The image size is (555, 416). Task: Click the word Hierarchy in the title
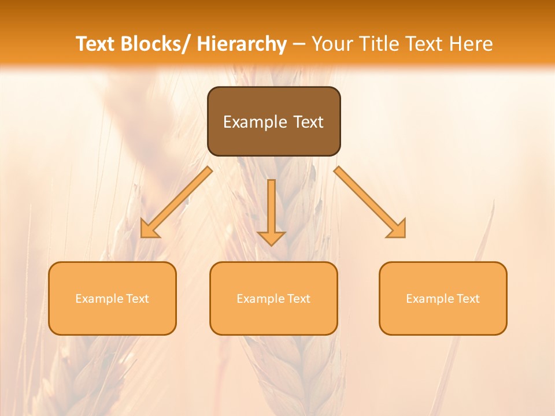click(x=242, y=44)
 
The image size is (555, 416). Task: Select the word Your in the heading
click(x=332, y=44)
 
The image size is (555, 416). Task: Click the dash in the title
click(x=299, y=44)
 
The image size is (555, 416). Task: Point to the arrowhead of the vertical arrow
click(x=272, y=237)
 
